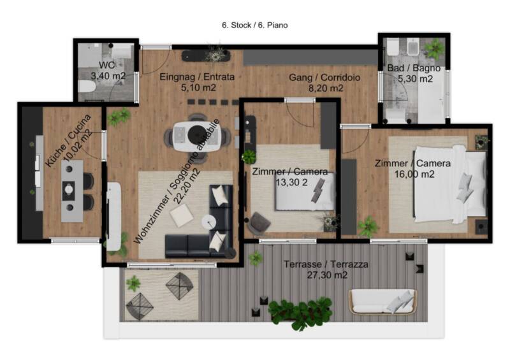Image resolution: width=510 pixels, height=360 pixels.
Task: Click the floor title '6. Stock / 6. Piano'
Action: pos(254,25)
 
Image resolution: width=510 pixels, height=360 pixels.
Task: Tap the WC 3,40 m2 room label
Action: pos(108,71)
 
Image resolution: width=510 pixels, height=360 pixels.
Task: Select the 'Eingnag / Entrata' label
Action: pos(197,77)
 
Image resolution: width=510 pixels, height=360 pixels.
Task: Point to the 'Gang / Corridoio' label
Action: pos(324,78)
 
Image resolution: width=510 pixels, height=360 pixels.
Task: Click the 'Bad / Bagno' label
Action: pos(414,68)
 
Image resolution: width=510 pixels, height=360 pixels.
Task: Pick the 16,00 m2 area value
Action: pos(414,175)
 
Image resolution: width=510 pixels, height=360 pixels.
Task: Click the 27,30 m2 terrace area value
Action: pos(327,275)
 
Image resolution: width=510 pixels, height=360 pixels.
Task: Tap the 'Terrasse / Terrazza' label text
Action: pos(326,264)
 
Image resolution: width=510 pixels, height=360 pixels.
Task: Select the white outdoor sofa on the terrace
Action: pos(382,301)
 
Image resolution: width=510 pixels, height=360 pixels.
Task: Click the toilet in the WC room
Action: pos(87,87)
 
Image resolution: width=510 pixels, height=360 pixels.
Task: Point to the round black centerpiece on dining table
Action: pos(197,134)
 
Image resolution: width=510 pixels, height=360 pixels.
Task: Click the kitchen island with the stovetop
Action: pos(72,191)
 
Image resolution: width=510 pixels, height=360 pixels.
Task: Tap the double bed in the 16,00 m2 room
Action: pos(450,184)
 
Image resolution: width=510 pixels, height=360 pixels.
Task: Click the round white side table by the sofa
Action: pos(209,222)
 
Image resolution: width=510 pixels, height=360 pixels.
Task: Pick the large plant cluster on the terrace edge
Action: pos(300,313)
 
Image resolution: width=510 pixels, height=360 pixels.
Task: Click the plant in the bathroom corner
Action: pos(434,48)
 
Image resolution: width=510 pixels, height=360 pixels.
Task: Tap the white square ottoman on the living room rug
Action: pos(182,215)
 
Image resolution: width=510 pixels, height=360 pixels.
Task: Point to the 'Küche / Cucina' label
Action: pos(68,141)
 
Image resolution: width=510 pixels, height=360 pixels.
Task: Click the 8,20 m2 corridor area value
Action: pos(326,89)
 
